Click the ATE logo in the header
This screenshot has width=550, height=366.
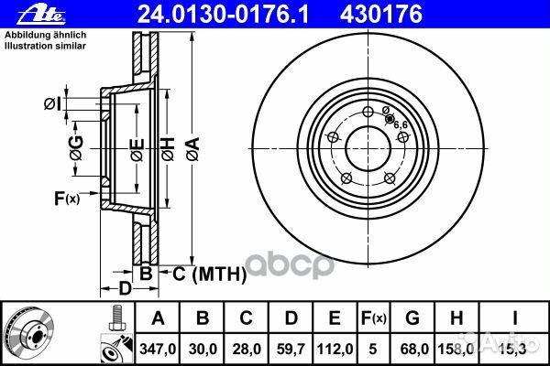point(41,15)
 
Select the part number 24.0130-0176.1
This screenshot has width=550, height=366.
point(223,15)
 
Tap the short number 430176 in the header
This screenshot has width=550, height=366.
point(381,15)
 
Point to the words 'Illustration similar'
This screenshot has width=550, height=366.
point(45,46)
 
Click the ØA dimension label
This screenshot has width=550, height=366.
point(192,149)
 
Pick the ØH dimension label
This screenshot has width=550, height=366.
point(168,149)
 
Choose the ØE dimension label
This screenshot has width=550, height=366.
point(137,149)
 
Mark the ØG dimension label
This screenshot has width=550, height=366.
point(76,148)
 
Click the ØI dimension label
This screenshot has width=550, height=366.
point(52,104)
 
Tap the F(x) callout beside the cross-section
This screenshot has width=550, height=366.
point(67,199)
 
